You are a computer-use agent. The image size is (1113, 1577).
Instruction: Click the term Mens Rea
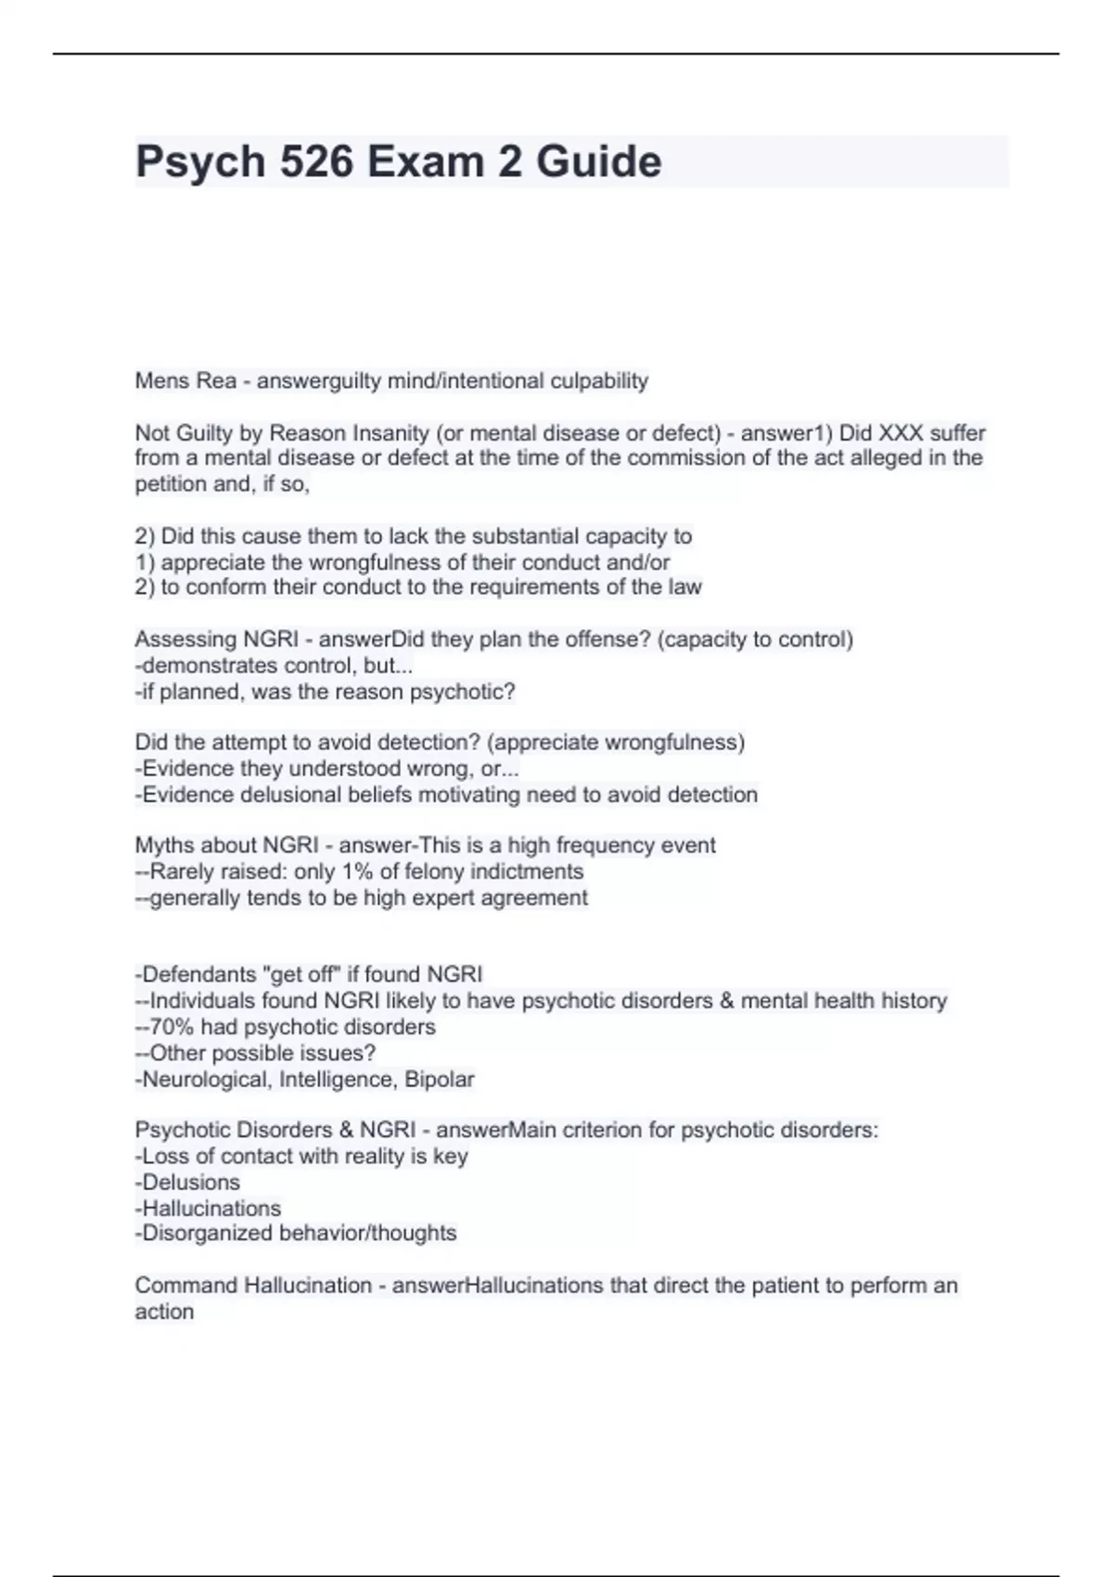(x=185, y=380)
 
